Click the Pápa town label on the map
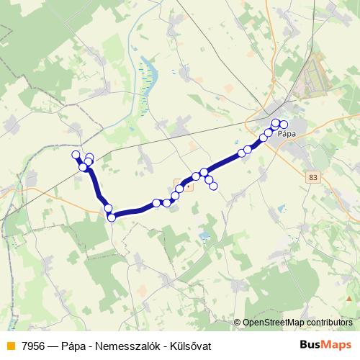(x=287, y=134)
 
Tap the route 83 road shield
(x=312, y=177)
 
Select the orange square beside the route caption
(x=9, y=346)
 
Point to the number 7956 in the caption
(x=31, y=346)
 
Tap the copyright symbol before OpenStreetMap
(x=237, y=323)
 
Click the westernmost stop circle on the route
(x=76, y=155)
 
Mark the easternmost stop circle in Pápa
(x=284, y=125)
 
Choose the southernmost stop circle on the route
(x=112, y=217)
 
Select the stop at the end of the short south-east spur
(x=213, y=186)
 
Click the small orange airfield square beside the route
(x=179, y=184)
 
